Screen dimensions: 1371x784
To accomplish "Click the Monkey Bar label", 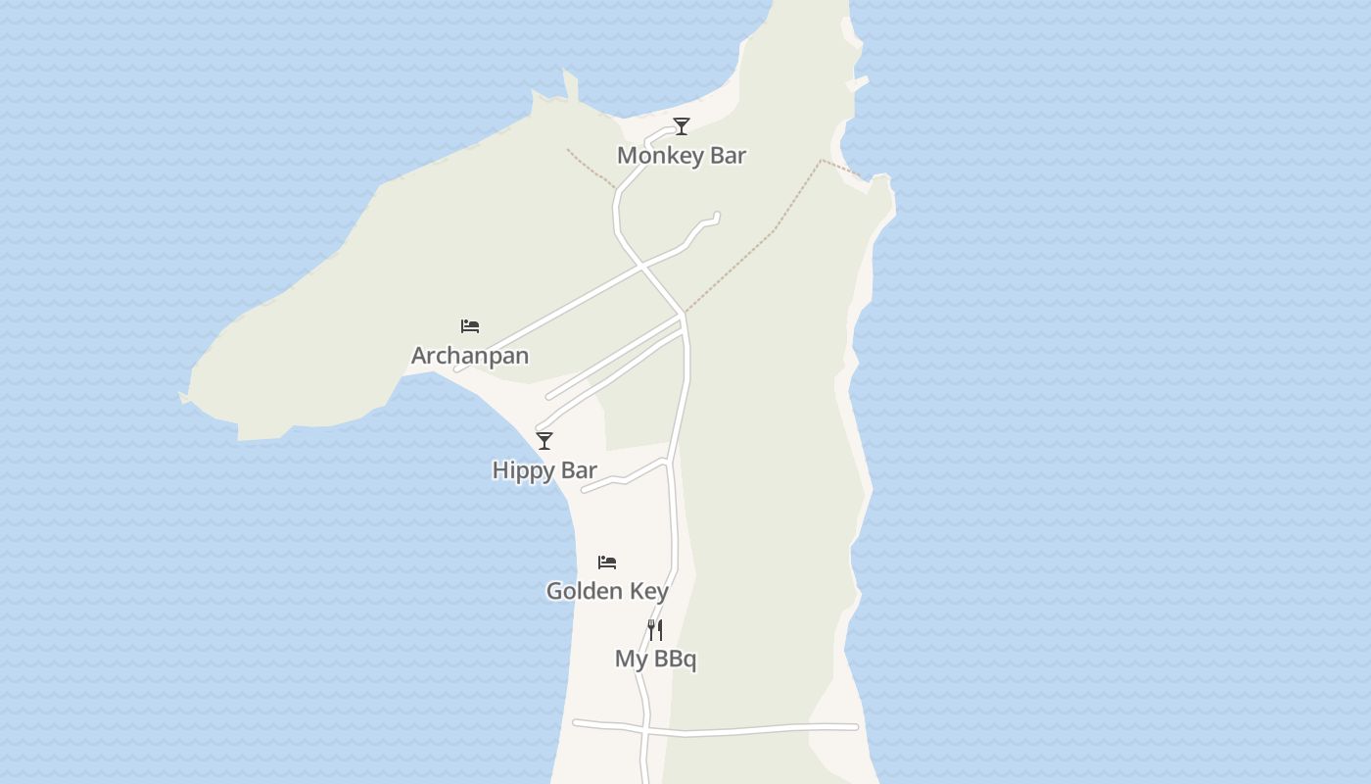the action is coord(682,155).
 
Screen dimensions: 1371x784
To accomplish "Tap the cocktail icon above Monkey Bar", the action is coord(682,126).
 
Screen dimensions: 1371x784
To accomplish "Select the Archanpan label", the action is coord(470,356).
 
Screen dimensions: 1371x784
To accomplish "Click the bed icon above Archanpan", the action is coord(470,326).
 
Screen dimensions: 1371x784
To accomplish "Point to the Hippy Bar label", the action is coord(544,470).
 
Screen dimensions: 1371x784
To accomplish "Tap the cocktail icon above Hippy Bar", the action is coord(544,441).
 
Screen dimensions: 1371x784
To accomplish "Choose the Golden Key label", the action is coord(607,591).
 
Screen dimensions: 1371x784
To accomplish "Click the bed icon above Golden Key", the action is coord(607,563).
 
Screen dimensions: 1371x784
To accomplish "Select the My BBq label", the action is coord(655,660).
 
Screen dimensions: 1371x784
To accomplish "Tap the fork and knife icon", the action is coord(655,630).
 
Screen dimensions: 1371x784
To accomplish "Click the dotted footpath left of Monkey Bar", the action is coord(591,168).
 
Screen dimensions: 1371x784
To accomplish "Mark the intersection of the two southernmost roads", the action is coord(646,730).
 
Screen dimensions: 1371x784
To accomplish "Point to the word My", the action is coord(631,660).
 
